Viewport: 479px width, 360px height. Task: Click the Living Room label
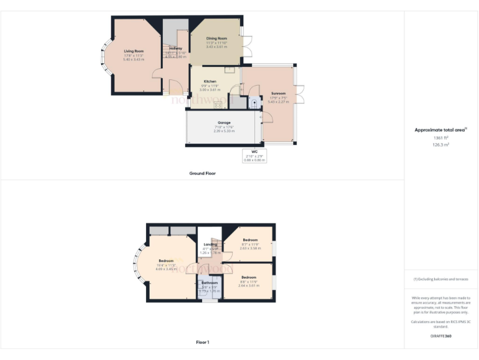[133, 51]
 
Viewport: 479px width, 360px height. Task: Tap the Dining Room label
[216, 38]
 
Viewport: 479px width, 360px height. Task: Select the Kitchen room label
[210, 82]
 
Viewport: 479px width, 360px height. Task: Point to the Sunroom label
[278, 93]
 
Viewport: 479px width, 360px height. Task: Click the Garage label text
[224, 122]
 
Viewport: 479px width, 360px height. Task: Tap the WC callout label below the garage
[254, 152]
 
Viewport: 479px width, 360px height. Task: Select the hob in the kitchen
[218, 104]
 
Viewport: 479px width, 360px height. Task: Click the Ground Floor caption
[202, 173]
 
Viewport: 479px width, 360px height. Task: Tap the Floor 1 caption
[202, 342]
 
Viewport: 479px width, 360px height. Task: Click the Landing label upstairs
[210, 244]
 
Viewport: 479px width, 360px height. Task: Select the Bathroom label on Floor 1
[209, 282]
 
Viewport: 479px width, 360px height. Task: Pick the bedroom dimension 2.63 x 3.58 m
[250, 248]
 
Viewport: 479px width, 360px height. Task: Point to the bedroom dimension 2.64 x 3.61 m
[249, 286]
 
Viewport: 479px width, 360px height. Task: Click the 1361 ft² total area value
[441, 137]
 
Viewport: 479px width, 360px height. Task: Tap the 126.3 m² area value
[441, 144]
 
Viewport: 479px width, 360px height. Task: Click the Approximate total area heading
[440, 130]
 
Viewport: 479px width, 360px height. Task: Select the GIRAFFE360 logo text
[441, 336]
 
